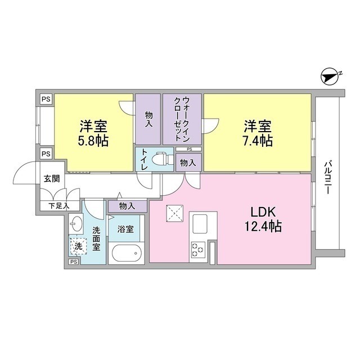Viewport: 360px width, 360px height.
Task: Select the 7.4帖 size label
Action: pos(258,141)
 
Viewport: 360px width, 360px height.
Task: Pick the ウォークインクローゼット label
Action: pos(183,119)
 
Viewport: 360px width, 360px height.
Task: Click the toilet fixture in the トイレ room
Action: pos(163,159)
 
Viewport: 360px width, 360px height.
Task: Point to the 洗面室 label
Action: pos(97,238)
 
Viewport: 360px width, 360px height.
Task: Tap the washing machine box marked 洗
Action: pos(79,246)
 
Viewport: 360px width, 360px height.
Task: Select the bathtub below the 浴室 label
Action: pos(127,253)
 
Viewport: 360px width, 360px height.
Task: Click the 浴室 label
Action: pos(125,229)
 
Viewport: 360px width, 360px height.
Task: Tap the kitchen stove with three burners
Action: pos(198,247)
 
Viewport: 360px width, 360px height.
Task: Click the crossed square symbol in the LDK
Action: pos(173,213)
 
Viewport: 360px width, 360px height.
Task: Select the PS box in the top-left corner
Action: pos(46,99)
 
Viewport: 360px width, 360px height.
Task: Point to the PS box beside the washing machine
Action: pos(73,262)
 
